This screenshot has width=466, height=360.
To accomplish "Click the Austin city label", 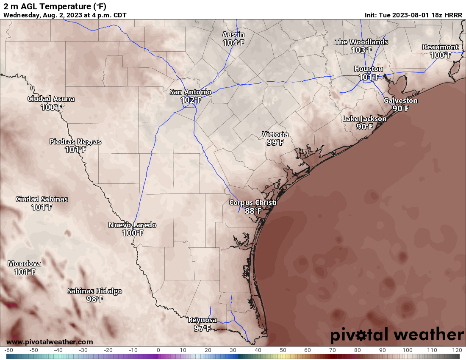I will pyautogui.click(x=233, y=34).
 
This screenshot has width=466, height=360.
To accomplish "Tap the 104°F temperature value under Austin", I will pyautogui.click(x=233, y=42).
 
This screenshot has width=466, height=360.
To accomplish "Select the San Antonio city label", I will pyautogui.click(x=191, y=92).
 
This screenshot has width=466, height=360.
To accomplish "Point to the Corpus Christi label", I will pyautogui.click(x=252, y=202).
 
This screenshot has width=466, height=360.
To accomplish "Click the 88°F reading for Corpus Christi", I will pyautogui.click(x=252, y=210).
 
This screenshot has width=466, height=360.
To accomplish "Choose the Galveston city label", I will pyautogui.click(x=400, y=100).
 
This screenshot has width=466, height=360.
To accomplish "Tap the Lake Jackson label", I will pyautogui.click(x=364, y=119).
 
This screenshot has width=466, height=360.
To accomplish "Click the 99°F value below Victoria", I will pyautogui.click(x=275, y=142).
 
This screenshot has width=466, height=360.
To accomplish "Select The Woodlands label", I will pyautogui.click(x=361, y=42).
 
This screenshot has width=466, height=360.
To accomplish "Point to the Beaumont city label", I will pyautogui.click(x=440, y=47).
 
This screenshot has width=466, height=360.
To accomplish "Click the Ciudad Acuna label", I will pyautogui.click(x=51, y=99).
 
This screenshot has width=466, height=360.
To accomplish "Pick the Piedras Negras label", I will pyautogui.click(x=75, y=141).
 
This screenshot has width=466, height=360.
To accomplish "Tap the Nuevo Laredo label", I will pyautogui.click(x=132, y=225).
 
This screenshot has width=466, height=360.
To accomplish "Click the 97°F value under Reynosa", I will pyautogui.click(x=202, y=328).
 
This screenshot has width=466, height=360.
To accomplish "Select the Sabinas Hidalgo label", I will pyautogui.click(x=95, y=291).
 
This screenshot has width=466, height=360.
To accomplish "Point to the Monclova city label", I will pyautogui.click(x=24, y=263).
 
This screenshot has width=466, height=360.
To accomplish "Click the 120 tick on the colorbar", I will pyautogui.click(x=457, y=350).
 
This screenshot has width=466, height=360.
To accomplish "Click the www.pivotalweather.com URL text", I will pyautogui.click(x=50, y=342).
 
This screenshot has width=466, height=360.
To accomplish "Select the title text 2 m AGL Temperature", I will pyautogui.click(x=49, y=6).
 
